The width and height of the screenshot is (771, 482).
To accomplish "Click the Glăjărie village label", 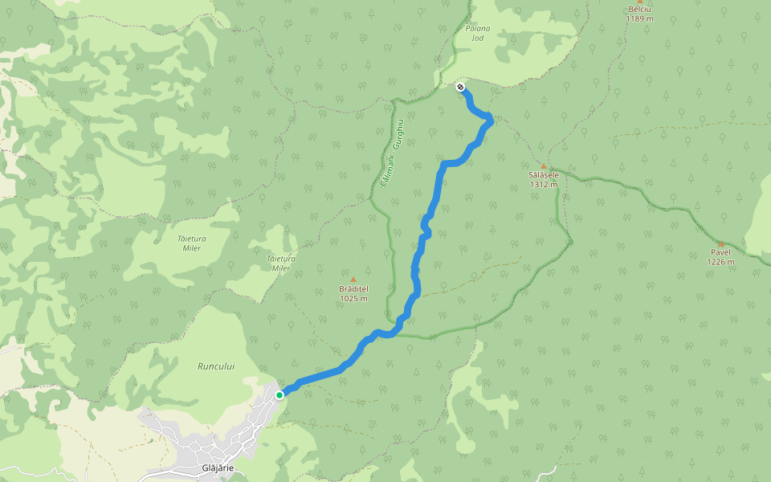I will (x=218, y=468).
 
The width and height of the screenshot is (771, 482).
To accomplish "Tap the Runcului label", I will (x=216, y=366).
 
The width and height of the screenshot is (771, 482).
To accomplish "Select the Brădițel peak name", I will (x=353, y=289).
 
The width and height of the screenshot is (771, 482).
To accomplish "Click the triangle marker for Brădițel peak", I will (x=353, y=280).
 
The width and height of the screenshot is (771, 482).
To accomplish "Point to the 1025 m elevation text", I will (x=353, y=299).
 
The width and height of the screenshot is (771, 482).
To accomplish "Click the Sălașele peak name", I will (x=544, y=175).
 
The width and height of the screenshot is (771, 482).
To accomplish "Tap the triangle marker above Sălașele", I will (x=544, y=166).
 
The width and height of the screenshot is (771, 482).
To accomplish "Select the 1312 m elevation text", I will (x=544, y=185).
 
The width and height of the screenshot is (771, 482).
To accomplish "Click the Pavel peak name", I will (x=720, y=252).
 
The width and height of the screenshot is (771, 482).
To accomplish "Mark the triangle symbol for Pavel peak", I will (x=720, y=244).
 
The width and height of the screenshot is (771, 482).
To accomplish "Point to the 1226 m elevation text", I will (x=720, y=262).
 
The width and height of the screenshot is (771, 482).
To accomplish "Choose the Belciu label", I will (x=640, y=9).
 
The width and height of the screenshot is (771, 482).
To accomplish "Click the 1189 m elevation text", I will (x=640, y=18).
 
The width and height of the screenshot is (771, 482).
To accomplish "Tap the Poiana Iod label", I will (x=476, y=33).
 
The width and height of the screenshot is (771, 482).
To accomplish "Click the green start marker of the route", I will (x=279, y=394).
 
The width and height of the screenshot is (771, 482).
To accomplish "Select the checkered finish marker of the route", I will (x=460, y=87).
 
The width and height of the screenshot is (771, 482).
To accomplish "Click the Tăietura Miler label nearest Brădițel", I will (x=281, y=263).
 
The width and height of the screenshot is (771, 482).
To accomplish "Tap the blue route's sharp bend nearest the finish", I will (x=490, y=119).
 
